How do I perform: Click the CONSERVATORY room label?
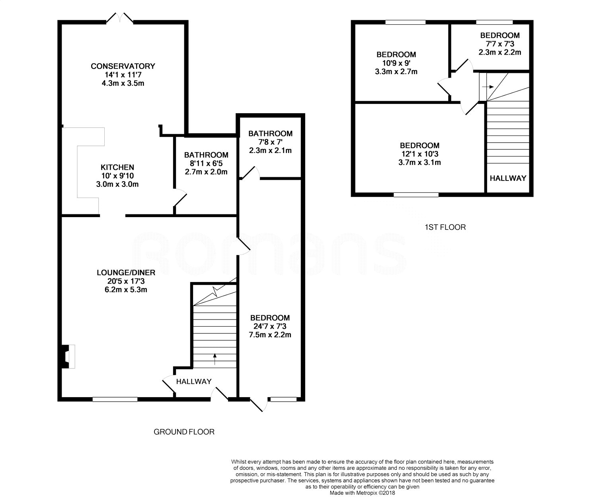[x=123, y=66]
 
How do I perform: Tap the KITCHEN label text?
[x=117, y=167]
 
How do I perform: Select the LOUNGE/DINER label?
[x=126, y=273]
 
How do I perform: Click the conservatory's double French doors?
[x=120, y=18]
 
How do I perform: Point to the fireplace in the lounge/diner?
[x=68, y=356]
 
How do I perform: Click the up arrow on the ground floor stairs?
[x=215, y=359]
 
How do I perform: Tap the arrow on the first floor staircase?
[x=488, y=87]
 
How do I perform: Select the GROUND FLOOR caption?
[x=184, y=431]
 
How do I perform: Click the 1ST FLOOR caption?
[x=445, y=227]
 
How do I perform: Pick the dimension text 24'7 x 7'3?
[x=270, y=326]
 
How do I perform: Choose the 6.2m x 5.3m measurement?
[x=126, y=289]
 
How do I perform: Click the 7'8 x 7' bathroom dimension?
[x=270, y=142]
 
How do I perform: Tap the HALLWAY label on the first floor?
[x=508, y=178]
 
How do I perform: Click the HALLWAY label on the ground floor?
[x=194, y=381]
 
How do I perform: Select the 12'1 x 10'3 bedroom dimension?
[x=420, y=154]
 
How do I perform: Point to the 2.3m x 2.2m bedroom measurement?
[x=500, y=52]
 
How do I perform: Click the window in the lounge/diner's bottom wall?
[x=115, y=399]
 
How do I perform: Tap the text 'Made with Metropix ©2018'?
[x=362, y=493]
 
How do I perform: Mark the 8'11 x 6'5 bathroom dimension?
[x=206, y=163]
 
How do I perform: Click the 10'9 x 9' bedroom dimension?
[x=396, y=63]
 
